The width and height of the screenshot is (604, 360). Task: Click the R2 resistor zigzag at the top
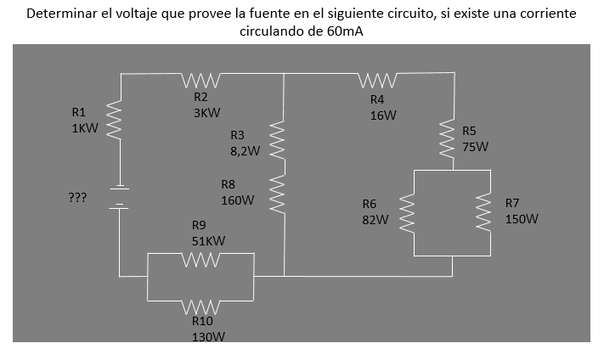(202, 82)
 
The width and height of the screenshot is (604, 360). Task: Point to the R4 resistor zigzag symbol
(375, 82)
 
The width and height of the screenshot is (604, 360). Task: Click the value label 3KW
(207, 112)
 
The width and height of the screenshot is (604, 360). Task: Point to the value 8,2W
(245, 150)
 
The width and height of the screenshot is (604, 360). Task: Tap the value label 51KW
(208, 241)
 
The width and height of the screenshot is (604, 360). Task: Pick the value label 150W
(522, 219)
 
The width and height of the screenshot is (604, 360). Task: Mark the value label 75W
(476, 146)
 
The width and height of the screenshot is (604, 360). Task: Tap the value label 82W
(375, 219)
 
